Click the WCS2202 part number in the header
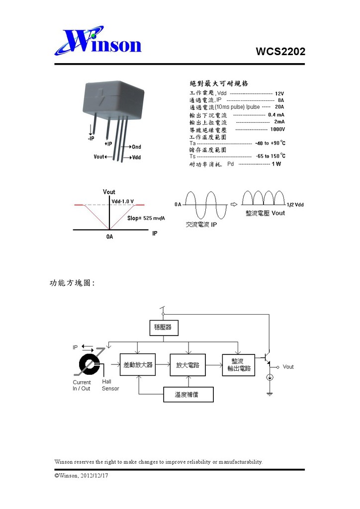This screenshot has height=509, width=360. (280, 52)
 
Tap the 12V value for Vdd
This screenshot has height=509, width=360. (279, 93)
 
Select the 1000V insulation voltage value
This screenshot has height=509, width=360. (277, 129)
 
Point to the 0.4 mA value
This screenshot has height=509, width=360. (276, 115)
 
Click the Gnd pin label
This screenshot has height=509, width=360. (137, 147)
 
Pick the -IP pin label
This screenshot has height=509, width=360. (88, 139)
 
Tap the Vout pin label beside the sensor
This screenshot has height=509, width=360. (99, 157)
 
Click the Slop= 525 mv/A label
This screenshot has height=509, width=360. (146, 218)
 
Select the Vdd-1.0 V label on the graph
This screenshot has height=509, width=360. (123, 201)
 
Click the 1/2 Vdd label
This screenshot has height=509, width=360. (295, 205)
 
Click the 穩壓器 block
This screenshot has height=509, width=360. (164, 328)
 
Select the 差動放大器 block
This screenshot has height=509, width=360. (138, 365)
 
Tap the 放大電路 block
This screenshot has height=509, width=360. (187, 365)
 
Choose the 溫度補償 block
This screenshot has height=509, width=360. (188, 395)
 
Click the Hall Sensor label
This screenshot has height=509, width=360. (110, 385)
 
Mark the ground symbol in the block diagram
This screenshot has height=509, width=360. (270, 394)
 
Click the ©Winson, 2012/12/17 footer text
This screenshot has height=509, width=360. (82, 476)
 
